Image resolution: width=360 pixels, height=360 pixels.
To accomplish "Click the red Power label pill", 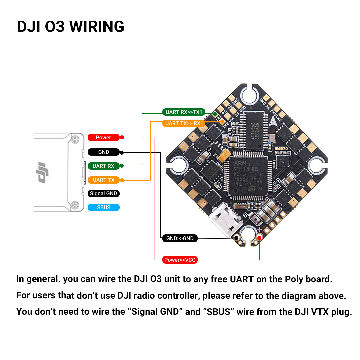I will (103, 137).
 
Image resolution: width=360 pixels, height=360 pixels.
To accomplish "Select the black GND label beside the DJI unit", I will (103, 152).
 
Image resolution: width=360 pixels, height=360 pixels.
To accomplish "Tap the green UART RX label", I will (103, 166).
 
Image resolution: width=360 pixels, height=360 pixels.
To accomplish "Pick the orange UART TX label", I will (103, 180).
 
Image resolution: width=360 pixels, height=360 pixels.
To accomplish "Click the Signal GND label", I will (104, 194).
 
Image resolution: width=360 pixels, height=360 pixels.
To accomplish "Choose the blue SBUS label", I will (103, 207).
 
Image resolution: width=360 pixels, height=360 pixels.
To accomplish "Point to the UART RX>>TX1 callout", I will (184, 112).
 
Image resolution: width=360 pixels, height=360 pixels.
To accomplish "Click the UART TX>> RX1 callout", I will (184, 123).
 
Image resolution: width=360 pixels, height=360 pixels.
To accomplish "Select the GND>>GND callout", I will (180, 238).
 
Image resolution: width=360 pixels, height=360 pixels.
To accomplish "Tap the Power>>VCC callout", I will (180, 260).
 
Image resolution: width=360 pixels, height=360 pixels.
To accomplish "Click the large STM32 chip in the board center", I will (247, 175).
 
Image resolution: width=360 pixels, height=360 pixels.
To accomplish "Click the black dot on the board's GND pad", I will (237, 238).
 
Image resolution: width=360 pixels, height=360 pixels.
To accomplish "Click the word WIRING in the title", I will (97, 27).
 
